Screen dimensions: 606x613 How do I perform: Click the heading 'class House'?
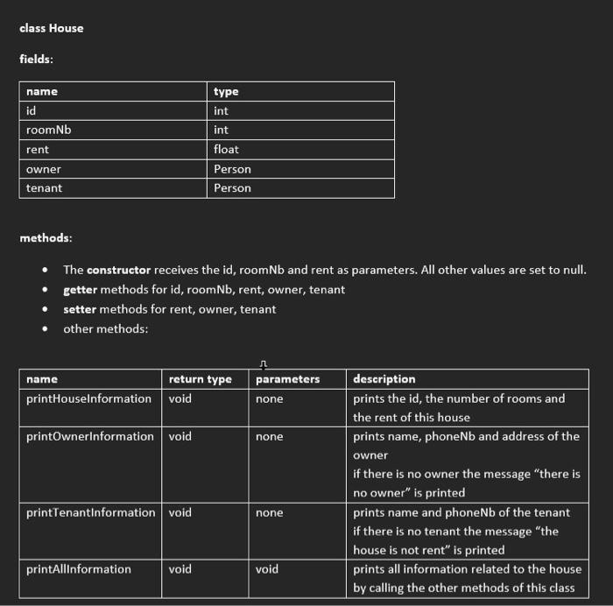[x=52, y=28]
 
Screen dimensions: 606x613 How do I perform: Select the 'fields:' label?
[x=38, y=59]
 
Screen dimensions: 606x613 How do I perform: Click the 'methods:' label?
[x=46, y=237]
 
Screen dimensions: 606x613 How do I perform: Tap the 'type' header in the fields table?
[x=226, y=91]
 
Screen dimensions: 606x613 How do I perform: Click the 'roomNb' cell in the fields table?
[x=48, y=130]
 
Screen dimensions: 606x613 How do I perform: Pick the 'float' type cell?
[x=226, y=149]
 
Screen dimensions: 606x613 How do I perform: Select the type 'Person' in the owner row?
[x=232, y=168]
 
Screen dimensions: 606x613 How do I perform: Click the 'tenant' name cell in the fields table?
[x=44, y=187]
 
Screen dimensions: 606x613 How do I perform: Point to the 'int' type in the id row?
[x=221, y=110]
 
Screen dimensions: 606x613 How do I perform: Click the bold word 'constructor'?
[x=118, y=270]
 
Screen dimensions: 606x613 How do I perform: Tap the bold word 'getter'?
[x=81, y=289]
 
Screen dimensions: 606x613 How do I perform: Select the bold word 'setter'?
[x=80, y=309]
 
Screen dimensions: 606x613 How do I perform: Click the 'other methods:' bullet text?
[x=105, y=328]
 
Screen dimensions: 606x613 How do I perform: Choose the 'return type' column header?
[x=201, y=379]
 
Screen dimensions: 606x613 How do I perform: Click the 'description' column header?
[x=384, y=379]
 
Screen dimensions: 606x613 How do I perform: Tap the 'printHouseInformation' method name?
[x=88, y=398]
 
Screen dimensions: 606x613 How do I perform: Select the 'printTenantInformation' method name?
[x=90, y=512]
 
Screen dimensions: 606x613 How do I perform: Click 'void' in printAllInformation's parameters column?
[x=267, y=569]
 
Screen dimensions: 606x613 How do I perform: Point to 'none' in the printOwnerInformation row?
[x=270, y=436]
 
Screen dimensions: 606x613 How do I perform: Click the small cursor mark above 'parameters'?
[x=264, y=364]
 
